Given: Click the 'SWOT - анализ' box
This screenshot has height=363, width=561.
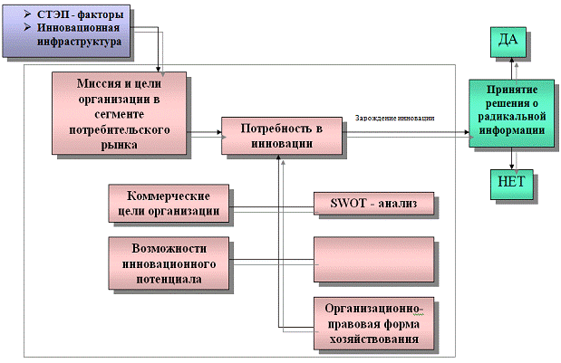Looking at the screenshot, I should (373, 205).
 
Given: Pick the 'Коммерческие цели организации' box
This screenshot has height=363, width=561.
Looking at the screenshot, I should (168, 204).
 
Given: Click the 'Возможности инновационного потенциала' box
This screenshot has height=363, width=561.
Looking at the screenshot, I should (168, 263).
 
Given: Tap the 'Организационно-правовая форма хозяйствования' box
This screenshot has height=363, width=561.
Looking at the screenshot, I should (373, 322).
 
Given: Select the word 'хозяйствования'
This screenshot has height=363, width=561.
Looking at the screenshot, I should (373, 339).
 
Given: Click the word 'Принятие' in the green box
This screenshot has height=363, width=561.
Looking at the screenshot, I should (513, 91).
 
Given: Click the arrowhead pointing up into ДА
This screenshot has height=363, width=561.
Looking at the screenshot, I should (512, 61).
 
